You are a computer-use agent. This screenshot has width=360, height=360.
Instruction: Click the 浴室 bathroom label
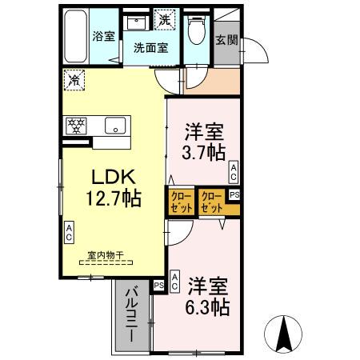[103, 35]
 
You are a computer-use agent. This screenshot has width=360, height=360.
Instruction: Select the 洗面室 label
[150, 47]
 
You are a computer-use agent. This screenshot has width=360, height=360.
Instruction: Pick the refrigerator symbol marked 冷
[74, 79]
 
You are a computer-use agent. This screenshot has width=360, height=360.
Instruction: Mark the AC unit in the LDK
[69, 234]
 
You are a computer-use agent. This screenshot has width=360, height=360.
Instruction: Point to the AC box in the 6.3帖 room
[175, 281]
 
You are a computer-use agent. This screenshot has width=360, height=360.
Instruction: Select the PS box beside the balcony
[158, 285]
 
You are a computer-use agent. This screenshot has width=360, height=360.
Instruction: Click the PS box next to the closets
[234, 194]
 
